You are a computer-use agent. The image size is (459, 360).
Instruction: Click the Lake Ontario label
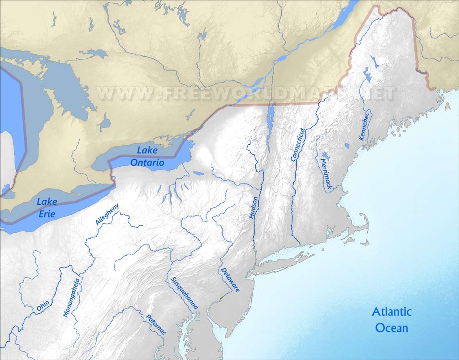coord(147,156)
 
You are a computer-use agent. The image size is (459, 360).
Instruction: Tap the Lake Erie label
coord(47,207)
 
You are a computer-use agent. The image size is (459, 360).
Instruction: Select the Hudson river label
coord(253,208)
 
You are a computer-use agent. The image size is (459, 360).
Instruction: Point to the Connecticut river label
coord(298,144)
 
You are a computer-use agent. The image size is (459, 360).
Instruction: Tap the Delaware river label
coord(229,279)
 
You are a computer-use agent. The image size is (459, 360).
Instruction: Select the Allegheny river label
coord(107,214)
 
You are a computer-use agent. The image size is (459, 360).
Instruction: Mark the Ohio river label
coord(43,306)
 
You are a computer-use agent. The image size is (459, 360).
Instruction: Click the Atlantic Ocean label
coord(391,320)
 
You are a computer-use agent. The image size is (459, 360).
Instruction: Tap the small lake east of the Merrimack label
coord(347,146)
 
